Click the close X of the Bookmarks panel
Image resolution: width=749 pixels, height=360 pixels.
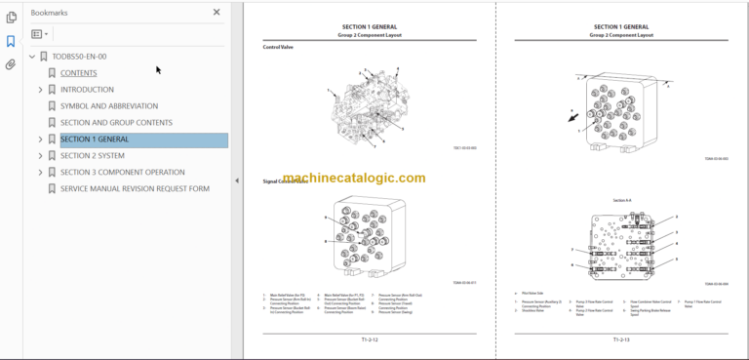coord(217,13)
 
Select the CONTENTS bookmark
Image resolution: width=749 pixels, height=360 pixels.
coord(78,73)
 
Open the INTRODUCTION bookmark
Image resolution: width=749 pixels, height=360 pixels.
coord(87,90)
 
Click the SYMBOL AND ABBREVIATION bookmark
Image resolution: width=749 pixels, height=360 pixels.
coord(108,106)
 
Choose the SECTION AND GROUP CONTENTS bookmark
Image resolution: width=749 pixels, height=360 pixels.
coord(116,123)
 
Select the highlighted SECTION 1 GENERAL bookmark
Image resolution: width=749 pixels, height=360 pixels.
coord(94,140)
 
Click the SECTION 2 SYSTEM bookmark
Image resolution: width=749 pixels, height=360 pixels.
coord(92,155)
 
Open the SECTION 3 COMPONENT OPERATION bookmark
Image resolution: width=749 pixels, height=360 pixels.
coord(122,172)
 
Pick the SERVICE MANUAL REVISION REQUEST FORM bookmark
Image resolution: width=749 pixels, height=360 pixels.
coord(135,188)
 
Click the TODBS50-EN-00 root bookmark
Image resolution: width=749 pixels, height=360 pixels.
coord(79,57)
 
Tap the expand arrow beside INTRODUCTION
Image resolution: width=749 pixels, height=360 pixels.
coord(40,90)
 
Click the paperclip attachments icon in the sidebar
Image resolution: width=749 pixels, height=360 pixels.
coord(11,65)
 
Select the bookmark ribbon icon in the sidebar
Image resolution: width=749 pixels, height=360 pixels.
coord(11,42)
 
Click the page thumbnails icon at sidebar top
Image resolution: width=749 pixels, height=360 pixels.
coord(11,17)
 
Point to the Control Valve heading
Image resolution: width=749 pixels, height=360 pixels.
coord(279,47)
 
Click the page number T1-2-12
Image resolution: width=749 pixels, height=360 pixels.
coord(362,340)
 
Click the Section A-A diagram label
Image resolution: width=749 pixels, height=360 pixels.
coord(621,200)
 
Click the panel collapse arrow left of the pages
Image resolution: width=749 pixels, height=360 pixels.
coord(237,180)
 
